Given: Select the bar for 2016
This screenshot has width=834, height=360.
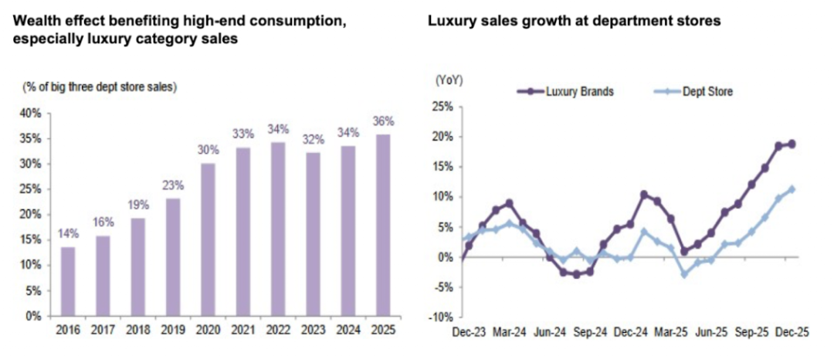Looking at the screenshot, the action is click(68, 282).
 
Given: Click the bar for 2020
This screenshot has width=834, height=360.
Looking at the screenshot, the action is click(208, 239).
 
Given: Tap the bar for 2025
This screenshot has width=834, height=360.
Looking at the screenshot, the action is click(383, 226).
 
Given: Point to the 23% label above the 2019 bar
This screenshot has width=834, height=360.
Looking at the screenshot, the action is click(174, 185).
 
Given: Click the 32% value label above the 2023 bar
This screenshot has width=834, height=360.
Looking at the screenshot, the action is click(314, 140).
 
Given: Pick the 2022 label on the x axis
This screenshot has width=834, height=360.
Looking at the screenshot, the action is click(278, 330).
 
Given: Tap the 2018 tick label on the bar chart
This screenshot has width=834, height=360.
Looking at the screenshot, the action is click(138, 330).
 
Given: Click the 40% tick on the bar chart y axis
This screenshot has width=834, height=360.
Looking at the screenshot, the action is click(32, 114).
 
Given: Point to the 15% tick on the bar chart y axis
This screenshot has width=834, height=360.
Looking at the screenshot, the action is click(32, 240).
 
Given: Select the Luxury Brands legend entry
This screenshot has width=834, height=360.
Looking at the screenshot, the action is click(566, 91).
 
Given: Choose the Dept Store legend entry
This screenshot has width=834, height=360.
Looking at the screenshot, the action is click(693, 91).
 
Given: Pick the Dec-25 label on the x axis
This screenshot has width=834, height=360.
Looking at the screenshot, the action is click(792, 332).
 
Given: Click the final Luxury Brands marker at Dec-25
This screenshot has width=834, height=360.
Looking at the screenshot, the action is click(792, 144).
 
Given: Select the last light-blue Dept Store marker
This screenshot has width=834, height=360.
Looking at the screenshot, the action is click(792, 189).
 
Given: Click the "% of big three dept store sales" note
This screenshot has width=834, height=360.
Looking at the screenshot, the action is click(100, 88).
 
